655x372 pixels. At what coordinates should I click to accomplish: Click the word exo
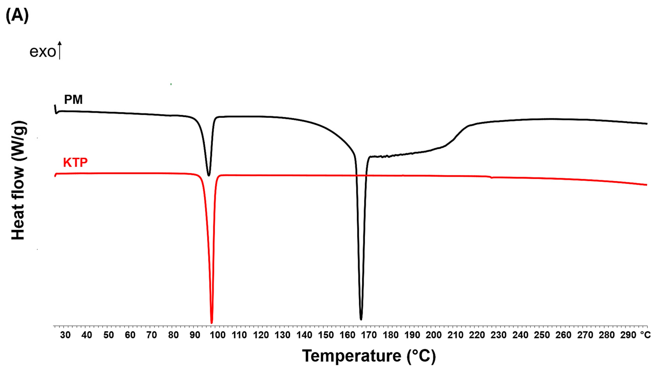coord(42,52)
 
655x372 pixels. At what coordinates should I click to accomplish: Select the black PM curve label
coord(73,100)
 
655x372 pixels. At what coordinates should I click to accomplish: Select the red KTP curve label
coord(75,162)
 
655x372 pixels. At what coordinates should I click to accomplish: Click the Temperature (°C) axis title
coord(369,356)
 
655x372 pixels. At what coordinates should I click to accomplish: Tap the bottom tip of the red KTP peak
coord(212,322)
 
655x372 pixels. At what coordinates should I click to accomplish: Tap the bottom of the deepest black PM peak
coord(361,319)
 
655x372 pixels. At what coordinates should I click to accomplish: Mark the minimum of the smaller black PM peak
coord(209,175)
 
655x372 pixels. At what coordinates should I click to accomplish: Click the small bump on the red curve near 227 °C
coord(491,177)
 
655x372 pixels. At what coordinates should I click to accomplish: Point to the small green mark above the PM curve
coord(171,84)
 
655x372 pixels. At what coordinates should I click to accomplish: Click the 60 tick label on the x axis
coord(130,335)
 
